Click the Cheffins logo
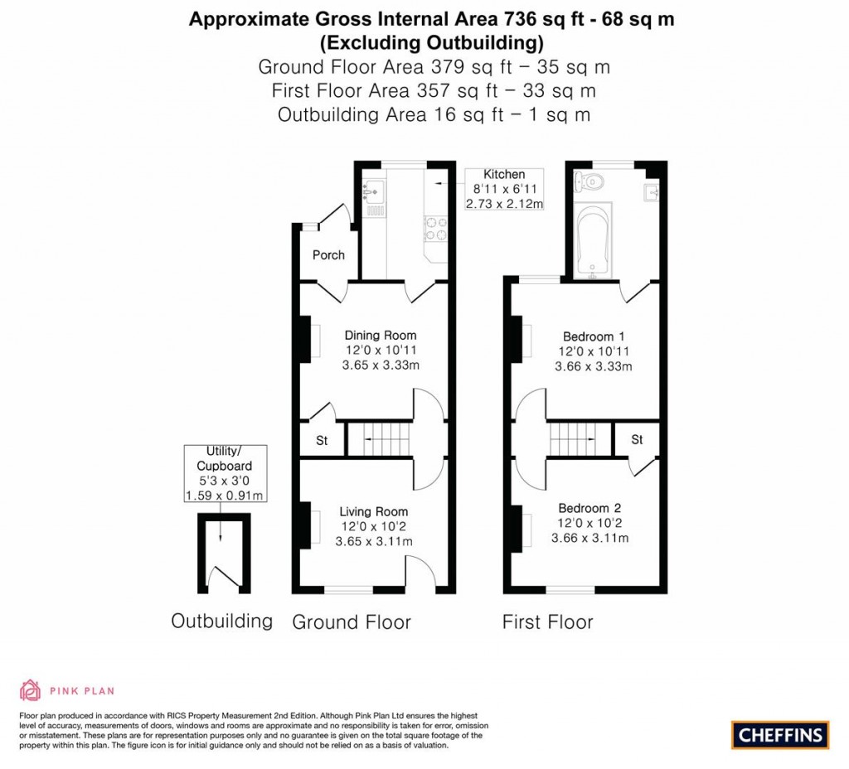click(780, 734)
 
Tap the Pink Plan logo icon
click(30, 689)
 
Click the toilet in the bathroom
click(592, 181)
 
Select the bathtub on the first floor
click(592, 239)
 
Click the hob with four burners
click(436, 228)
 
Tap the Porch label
click(328, 254)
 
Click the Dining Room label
click(381, 336)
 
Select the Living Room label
click(373, 512)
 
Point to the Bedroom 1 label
click(594, 336)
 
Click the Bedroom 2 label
click(589, 509)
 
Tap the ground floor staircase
click(378, 438)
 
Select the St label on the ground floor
click(321, 441)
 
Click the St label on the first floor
click(637, 439)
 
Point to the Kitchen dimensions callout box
click(504, 189)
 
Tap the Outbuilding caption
click(221, 621)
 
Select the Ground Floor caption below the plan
click(352, 621)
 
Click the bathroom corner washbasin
click(653, 193)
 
